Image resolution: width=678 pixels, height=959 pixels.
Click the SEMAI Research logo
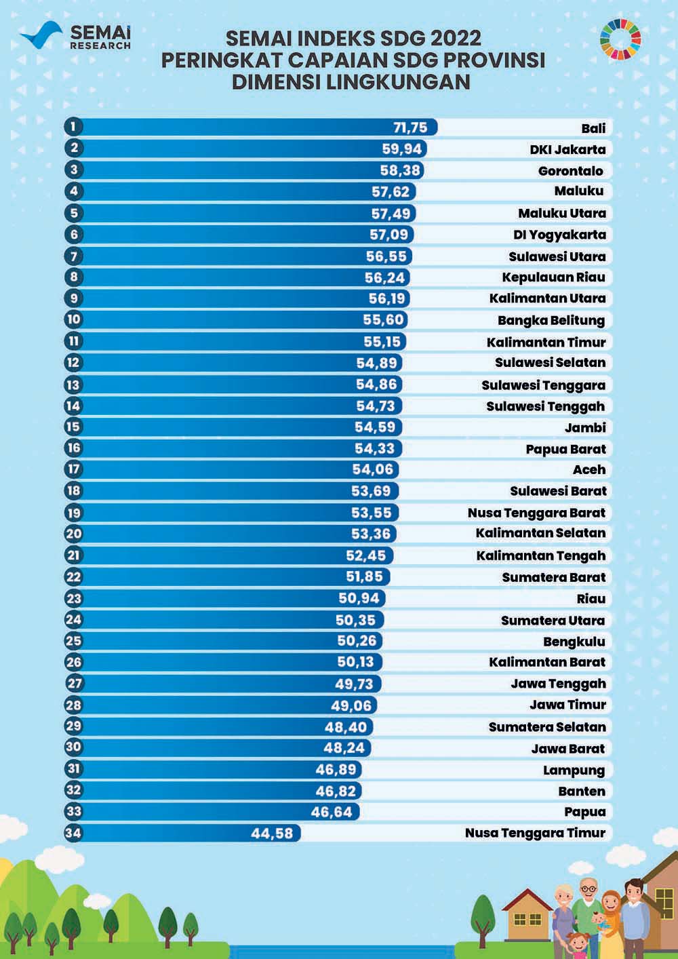[75, 37]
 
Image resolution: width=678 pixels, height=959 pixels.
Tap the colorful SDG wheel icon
[620, 37]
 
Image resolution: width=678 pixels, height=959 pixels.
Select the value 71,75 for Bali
[410, 128]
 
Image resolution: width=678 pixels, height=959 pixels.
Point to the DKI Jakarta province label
[567, 149]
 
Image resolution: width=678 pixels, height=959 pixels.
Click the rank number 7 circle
[73, 256]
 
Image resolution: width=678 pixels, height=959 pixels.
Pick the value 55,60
[384, 320]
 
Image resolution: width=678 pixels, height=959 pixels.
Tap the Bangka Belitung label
[551, 320]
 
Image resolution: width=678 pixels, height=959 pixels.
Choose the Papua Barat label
[565, 449]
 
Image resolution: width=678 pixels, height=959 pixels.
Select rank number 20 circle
[73, 534]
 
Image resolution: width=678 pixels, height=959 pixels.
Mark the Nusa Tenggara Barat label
[536, 513]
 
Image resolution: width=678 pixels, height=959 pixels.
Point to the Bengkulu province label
[574, 642]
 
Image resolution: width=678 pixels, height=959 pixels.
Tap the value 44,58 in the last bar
[272, 833]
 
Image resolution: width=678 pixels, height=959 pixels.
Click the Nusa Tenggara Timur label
[535, 833]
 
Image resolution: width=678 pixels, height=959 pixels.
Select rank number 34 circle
[73, 833]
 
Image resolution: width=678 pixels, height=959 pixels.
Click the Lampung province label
[574, 770]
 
